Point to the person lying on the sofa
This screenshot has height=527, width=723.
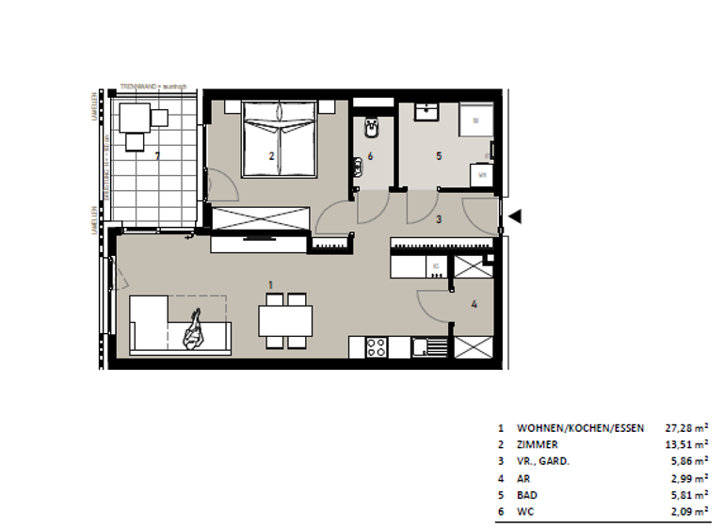pyautogui.click(x=195, y=331)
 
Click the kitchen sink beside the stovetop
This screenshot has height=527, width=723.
pyautogui.click(x=434, y=346)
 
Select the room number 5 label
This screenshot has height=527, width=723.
pyautogui.click(x=439, y=156)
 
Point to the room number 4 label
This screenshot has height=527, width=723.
pyautogui.click(x=474, y=304)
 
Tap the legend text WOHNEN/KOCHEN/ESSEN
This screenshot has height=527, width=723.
pyautogui.click(x=581, y=427)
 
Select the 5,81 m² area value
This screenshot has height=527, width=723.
pyautogui.click(x=688, y=495)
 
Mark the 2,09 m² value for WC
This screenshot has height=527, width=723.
pyautogui.click(x=688, y=512)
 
